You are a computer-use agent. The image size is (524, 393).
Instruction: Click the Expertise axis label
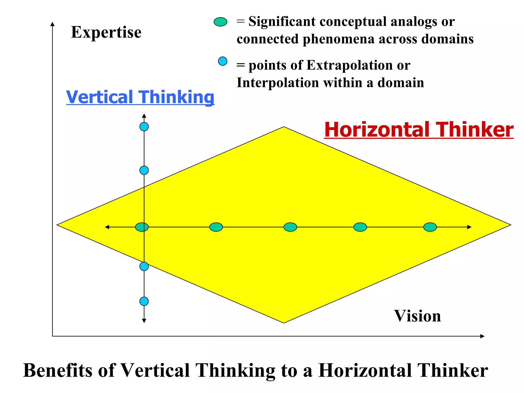point(106,32)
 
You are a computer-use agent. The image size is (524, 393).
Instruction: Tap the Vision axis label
point(417,316)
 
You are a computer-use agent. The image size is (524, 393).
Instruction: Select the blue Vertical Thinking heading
point(140,97)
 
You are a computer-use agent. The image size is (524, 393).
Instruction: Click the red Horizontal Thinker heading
point(419,130)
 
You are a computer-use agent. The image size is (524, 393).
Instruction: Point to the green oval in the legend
point(220,22)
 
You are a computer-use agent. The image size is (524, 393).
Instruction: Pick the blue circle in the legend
point(223,61)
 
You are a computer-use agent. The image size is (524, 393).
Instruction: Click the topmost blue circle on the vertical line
point(144,127)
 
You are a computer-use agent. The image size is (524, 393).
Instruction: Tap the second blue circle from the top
point(144,170)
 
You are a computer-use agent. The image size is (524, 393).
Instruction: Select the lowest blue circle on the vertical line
point(144,301)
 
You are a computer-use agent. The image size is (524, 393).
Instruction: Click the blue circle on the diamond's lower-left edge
point(144,266)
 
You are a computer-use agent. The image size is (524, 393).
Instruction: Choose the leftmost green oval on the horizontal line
point(142,227)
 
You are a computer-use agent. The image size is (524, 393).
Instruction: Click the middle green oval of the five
point(290,227)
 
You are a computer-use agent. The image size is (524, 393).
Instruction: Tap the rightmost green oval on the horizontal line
point(430,227)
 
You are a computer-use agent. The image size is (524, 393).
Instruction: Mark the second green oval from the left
point(216,227)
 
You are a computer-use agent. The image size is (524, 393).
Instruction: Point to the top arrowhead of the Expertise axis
point(52,24)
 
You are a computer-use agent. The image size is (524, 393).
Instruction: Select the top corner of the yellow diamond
point(284,127)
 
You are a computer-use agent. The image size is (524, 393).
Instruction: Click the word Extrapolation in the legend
point(350,65)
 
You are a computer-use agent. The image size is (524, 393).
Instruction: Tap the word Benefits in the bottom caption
point(58,370)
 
